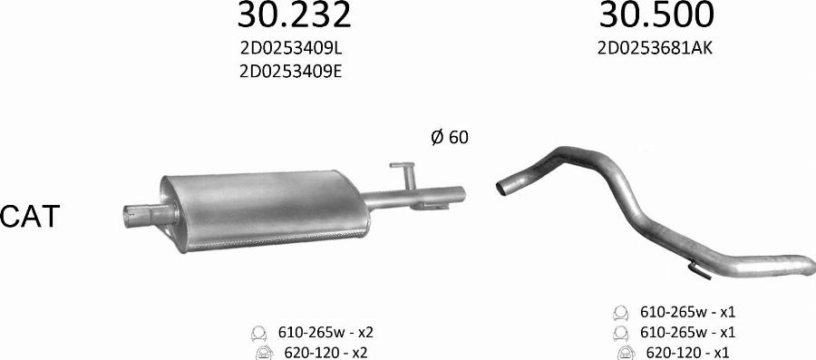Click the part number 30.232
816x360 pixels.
tap(293, 15)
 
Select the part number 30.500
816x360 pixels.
tap(656, 15)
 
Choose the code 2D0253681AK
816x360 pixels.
tap(656, 50)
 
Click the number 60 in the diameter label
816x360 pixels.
tap(459, 138)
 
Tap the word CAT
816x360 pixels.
tap(30, 216)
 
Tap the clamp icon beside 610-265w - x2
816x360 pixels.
tap(258, 331)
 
